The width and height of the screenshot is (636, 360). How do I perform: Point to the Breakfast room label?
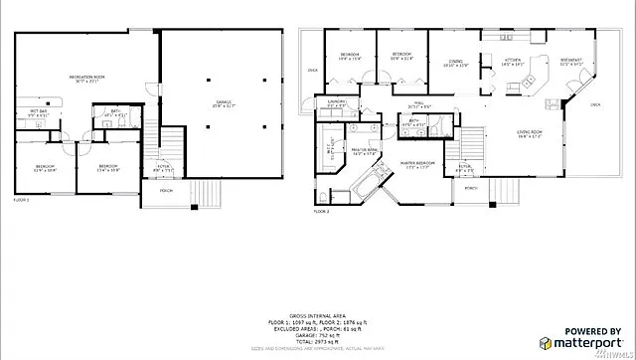point(570,63)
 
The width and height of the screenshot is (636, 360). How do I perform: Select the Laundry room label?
point(336,102)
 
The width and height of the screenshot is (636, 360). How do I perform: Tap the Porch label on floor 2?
point(470,188)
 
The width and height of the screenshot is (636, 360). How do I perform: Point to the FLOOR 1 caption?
point(22,201)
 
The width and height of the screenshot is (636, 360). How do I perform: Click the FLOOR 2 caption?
point(321,212)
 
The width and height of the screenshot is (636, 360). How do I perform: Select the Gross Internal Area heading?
point(318,313)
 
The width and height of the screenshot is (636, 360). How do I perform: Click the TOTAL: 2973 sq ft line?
point(318,341)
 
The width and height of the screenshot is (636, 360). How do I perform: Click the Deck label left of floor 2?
point(312,70)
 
